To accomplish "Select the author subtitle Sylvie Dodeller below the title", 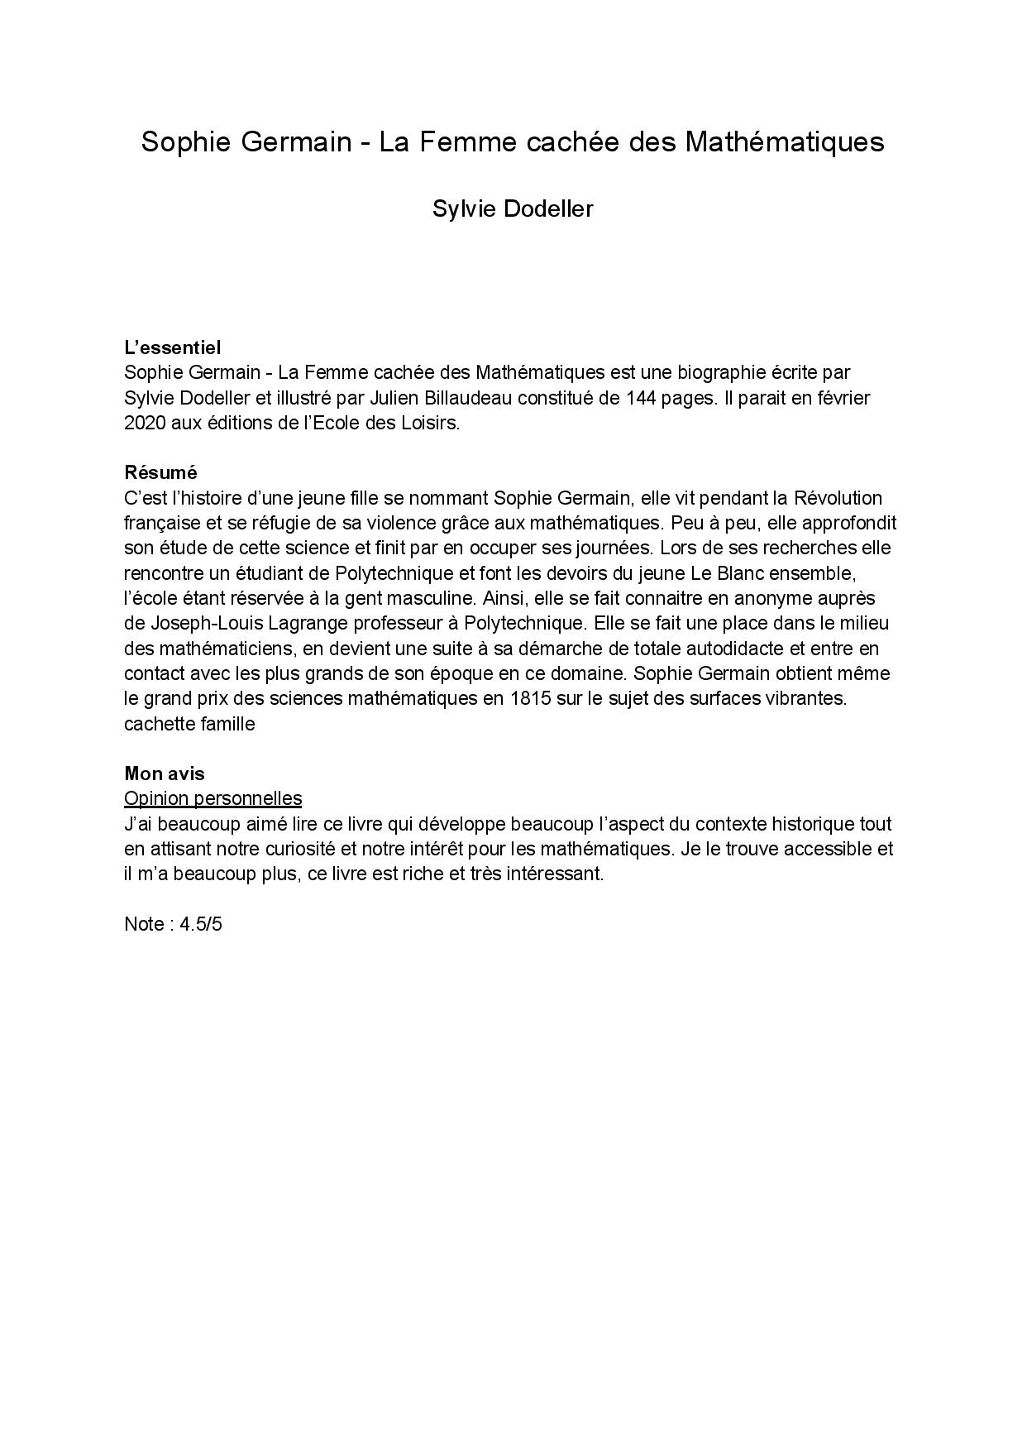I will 513,209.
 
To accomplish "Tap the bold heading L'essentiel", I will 172,347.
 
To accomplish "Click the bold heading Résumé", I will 160,472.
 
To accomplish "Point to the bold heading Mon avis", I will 165,773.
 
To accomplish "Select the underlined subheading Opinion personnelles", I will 213,798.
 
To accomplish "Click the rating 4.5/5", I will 201,924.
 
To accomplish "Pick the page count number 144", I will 642,398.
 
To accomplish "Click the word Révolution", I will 837,498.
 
